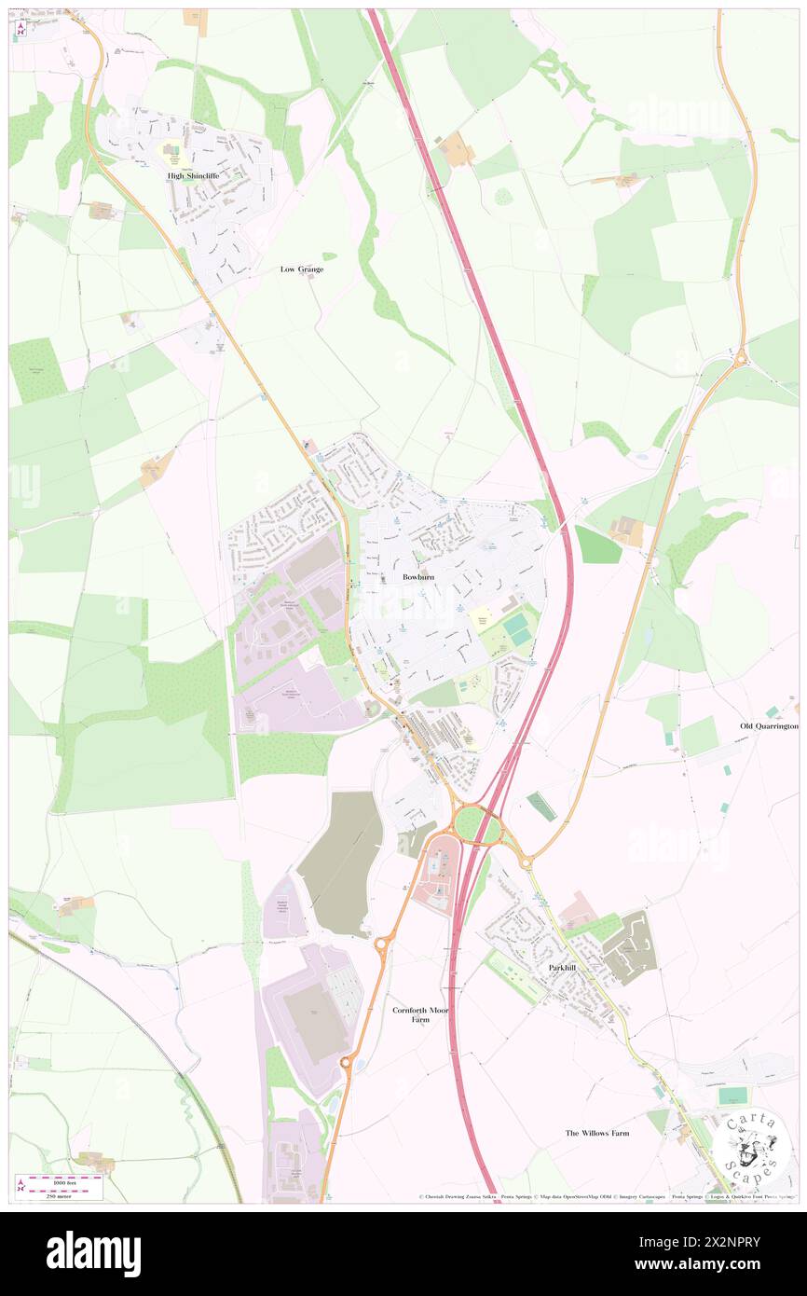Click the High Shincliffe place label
[x=193, y=175]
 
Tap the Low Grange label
[x=302, y=269]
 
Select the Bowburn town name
[x=418, y=577]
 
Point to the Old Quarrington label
[x=769, y=725]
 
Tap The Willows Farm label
[x=597, y=1133]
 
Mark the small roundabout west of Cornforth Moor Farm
[x=381, y=944]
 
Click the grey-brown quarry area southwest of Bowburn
[x=341, y=862]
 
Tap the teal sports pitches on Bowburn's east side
[x=517, y=629]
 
